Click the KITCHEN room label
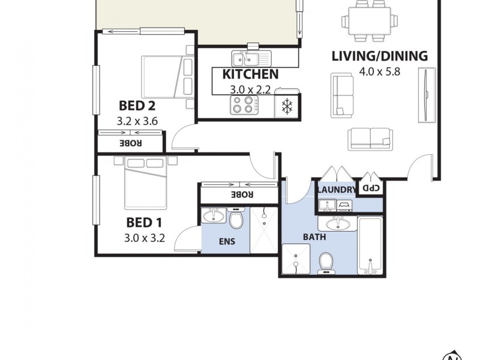[250, 74]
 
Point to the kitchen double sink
[251, 58]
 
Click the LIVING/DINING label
[379, 56]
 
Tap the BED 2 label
[137, 106]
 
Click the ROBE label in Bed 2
[130, 143]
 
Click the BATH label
[314, 237]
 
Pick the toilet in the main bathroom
[326, 262]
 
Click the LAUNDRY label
[336, 190]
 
